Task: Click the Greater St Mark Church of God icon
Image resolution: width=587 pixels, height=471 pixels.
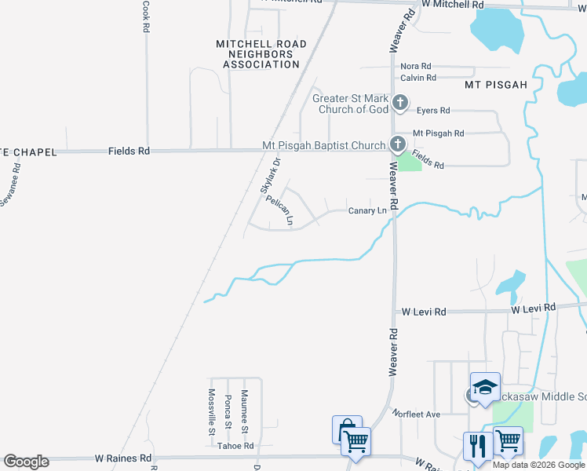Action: (x=400, y=102)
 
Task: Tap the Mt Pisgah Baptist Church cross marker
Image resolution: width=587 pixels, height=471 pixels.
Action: (x=397, y=144)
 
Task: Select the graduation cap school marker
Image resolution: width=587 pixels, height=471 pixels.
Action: (x=485, y=386)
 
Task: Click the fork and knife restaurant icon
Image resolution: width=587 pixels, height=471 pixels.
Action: (x=477, y=445)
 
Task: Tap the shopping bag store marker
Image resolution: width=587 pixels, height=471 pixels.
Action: (x=345, y=429)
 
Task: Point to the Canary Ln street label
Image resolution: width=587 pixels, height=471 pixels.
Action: (x=367, y=210)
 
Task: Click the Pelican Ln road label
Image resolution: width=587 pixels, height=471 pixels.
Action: (x=279, y=210)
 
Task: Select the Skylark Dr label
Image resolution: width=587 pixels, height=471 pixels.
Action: (x=269, y=177)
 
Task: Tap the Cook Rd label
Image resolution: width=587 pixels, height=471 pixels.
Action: (x=146, y=16)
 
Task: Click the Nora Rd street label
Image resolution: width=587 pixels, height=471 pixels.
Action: (x=416, y=67)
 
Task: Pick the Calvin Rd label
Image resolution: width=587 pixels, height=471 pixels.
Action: (x=418, y=78)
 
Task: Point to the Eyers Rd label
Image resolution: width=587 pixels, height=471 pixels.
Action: (x=433, y=111)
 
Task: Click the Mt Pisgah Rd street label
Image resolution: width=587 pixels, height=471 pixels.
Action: (x=439, y=133)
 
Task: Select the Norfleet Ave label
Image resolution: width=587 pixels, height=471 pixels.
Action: (x=417, y=414)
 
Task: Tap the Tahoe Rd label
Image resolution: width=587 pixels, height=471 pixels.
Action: (x=237, y=446)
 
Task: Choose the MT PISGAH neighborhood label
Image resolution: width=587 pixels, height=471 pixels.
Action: (x=495, y=84)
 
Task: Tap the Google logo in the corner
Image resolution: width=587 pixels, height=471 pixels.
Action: (x=26, y=462)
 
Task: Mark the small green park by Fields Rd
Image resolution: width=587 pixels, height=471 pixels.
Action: (x=409, y=162)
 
